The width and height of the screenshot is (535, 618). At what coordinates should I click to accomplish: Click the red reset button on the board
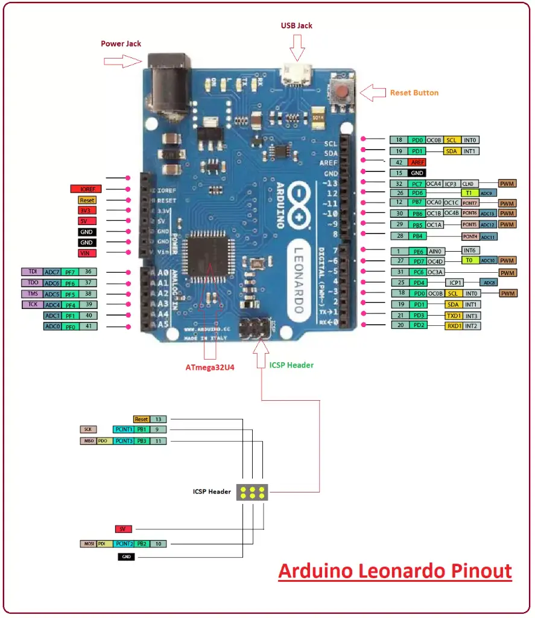tap(343, 92)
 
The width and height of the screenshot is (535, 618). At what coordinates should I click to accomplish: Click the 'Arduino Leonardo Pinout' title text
tap(395, 570)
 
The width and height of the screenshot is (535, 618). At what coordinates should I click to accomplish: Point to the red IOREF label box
tap(86, 189)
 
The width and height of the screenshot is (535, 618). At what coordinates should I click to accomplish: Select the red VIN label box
tap(86, 253)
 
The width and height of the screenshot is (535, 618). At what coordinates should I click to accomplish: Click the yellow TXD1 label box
tap(453, 315)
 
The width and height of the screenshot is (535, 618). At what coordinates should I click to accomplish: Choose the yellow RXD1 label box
tap(453, 326)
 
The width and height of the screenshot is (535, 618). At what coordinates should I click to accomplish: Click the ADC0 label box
tap(52, 327)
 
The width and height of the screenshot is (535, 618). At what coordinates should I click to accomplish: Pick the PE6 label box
tap(418, 250)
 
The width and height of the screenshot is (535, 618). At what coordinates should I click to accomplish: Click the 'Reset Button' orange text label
tap(414, 93)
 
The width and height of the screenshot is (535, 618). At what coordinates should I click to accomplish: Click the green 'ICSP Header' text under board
tap(291, 365)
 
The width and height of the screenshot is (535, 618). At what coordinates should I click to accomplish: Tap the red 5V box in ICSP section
tap(122, 529)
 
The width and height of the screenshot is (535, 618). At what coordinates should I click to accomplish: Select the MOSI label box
tap(87, 544)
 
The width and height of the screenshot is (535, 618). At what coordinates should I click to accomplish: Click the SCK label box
tap(88, 430)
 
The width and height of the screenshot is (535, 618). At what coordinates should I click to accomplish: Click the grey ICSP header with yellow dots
tap(252, 492)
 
